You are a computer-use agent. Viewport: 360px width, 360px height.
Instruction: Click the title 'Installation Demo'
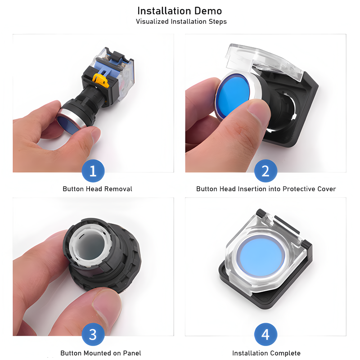point(180,11)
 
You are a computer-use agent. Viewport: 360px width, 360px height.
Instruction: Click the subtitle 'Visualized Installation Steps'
point(181,22)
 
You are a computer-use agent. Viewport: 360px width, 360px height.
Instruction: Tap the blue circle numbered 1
point(93,171)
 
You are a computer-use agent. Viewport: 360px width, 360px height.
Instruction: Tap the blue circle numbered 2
point(265,171)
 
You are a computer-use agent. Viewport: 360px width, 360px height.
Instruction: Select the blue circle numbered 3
point(93,334)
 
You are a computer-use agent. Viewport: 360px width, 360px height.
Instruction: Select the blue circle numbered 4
point(265,334)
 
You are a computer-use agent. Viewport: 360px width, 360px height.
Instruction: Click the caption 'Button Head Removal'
point(97,189)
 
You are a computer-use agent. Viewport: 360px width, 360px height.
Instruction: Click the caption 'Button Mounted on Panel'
point(101,353)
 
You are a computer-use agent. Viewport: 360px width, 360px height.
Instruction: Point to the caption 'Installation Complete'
point(266,353)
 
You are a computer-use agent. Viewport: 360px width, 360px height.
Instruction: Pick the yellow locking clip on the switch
point(100,81)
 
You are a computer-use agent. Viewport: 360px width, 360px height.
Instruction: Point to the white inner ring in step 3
point(88,245)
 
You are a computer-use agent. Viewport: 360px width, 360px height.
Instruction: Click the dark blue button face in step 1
point(68,125)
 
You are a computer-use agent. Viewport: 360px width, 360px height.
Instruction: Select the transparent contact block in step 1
point(115,73)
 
